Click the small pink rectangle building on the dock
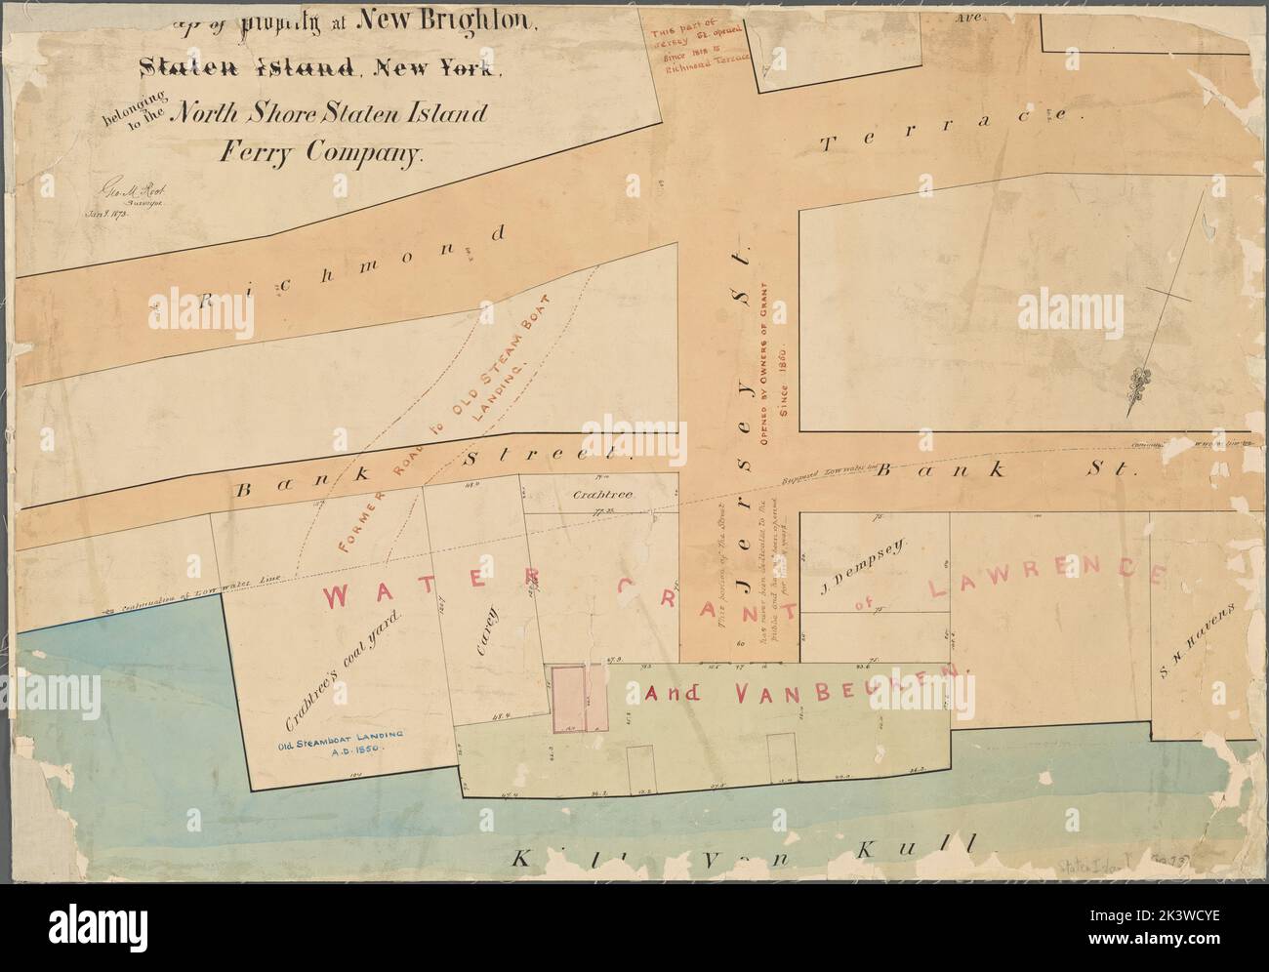point(569,699)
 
